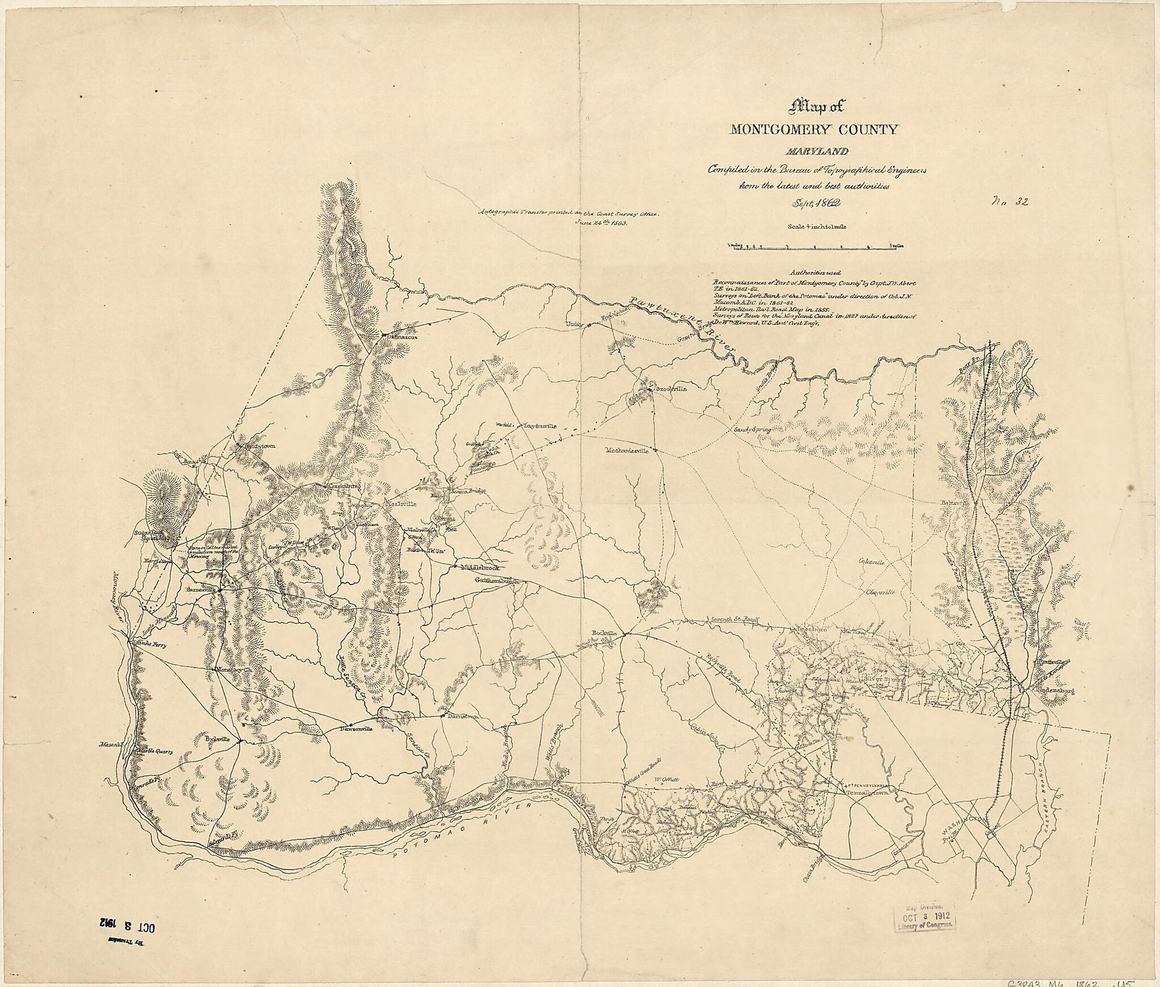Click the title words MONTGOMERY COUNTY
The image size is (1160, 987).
(814, 130)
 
